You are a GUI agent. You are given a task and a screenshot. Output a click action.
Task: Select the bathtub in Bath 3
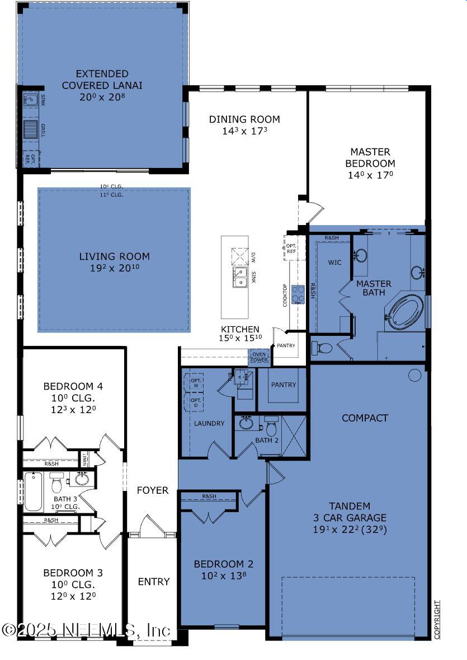point(34,492)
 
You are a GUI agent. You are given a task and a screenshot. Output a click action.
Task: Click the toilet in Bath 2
point(272,427)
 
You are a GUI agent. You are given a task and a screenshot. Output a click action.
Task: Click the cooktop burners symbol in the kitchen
point(298,294)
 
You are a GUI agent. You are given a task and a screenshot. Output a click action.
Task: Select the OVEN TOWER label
point(259,357)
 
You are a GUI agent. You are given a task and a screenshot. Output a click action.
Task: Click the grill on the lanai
point(31,129)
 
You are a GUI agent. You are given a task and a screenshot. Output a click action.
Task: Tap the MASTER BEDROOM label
point(370,157)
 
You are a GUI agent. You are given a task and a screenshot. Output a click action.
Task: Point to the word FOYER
point(153,490)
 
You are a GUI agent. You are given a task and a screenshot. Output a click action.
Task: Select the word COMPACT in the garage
point(365,418)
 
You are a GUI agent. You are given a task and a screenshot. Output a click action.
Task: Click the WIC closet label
point(334,262)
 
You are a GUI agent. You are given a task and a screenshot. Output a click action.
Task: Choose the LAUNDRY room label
point(209,424)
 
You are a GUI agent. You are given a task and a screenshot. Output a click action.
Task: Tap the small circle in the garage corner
point(414,375)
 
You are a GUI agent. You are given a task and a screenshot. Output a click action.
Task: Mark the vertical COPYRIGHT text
point(437,620)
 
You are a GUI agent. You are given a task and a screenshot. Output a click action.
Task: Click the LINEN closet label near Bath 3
point(84,458)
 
